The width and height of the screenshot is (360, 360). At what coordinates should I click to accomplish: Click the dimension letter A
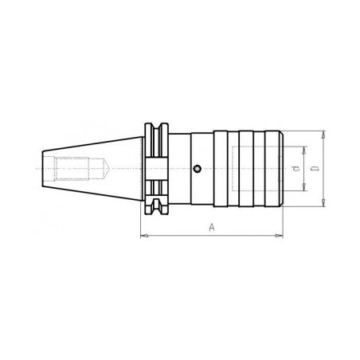click(x=212, y=228)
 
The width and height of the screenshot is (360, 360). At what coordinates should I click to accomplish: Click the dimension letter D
click(x=315, y=169)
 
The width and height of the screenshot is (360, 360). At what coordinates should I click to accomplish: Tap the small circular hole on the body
click(x=197, y=168)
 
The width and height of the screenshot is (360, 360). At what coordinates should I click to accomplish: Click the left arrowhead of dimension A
click(x=144, y=236)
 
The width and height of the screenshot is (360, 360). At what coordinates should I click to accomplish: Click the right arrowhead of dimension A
click(x=279, y=236)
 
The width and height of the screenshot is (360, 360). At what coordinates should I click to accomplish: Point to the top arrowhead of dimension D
click(x=323, y=135)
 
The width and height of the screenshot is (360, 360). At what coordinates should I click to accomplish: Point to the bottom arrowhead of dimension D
click(x=323, y=202)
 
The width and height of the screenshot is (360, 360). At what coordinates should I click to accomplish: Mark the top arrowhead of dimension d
click(x=303, y=150)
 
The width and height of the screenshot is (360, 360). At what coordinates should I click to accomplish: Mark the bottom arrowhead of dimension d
click(x=303, y=187)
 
